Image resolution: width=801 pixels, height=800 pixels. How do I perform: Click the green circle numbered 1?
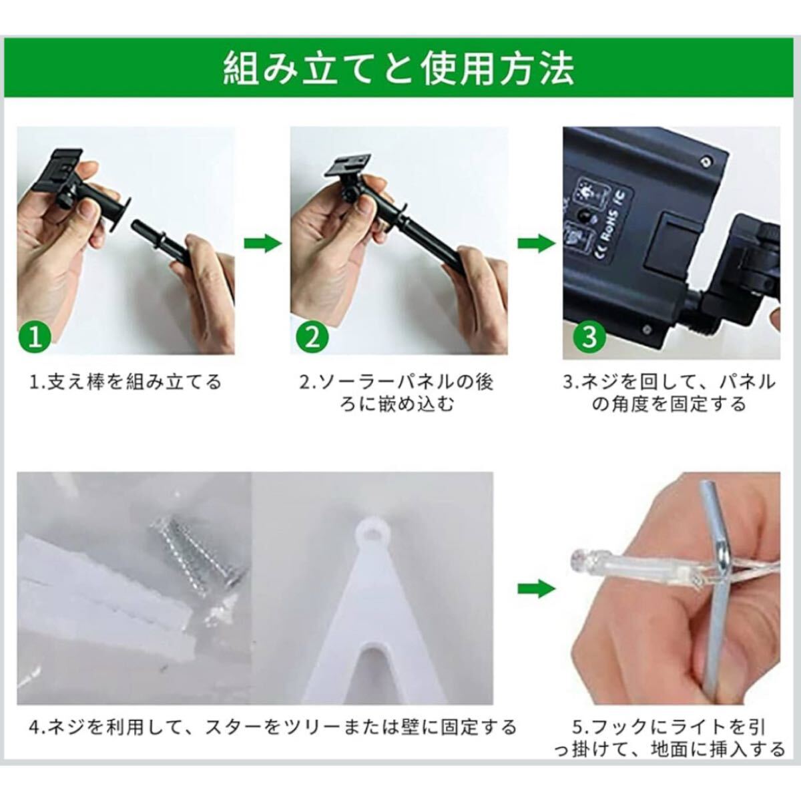coord(35,338)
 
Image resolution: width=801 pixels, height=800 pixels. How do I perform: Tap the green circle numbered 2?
coord(312,338)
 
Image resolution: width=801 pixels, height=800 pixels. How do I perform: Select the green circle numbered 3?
coord(589,338)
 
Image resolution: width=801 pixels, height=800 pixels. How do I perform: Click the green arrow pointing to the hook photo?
coord(537,589)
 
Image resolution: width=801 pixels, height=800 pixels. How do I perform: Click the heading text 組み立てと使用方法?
coord(399,68)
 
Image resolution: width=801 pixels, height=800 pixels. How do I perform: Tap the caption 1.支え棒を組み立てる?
coord(125,382)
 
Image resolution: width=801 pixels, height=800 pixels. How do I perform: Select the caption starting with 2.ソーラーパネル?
coord(397,393)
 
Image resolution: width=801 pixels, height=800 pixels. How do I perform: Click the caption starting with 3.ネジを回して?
coord(670,393)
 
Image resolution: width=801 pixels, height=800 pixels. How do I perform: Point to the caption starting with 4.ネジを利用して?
coord(273,727)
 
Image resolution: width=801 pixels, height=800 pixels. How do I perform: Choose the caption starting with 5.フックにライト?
coord(670,738)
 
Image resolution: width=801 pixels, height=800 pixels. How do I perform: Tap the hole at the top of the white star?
coord(378,532)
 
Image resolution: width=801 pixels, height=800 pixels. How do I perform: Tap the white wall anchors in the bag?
coord(104,582)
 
